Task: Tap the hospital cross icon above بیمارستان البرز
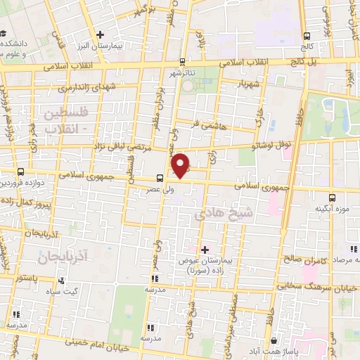[x=101, y=34]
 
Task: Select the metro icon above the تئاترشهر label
[x=183, y=61]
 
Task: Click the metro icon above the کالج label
[x=306, y=36]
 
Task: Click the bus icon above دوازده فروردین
[x=20, y=171]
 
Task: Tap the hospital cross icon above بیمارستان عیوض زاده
[x=205, y=249]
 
